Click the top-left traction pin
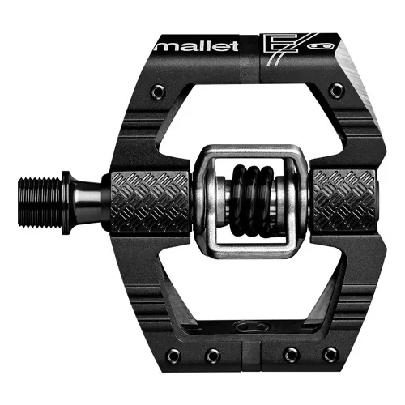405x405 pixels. tap(154, 84)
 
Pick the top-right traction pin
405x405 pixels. tap(334, 84)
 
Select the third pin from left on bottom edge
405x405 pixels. tap(288, 355)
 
